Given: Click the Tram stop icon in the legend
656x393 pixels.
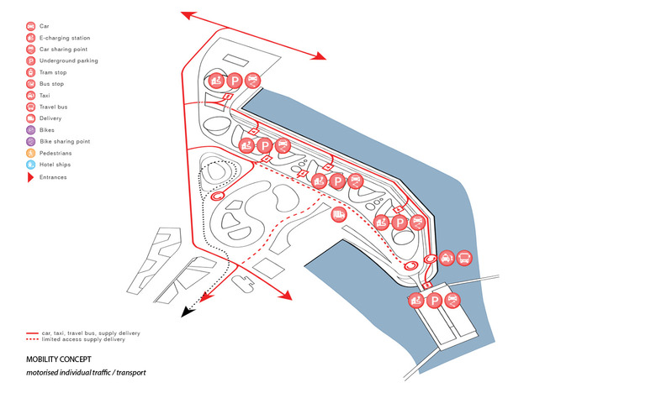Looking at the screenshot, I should coord(31,72).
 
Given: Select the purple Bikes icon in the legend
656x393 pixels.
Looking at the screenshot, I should coord(31,130).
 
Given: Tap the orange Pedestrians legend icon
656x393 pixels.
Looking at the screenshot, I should coord(31,154).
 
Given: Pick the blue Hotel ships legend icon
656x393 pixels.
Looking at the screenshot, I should coord(31,165).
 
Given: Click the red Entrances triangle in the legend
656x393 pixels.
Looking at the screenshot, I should coord(31,177).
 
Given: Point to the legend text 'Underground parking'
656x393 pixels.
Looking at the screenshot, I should coord(69,61).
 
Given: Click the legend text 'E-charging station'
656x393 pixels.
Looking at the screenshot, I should coord(65,38).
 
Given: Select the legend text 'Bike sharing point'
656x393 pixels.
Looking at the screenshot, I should coord(66,142).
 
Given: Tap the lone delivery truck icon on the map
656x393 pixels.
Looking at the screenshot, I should coord(338,215).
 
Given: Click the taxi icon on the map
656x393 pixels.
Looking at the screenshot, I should coord(446,258).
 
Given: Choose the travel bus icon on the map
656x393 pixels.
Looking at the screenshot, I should coord(465,258).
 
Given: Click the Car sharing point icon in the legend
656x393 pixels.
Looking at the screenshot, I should coord(31,50).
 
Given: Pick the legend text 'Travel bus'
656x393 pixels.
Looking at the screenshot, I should coord(55,107).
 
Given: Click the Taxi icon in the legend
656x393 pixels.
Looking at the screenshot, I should coord(31,96).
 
